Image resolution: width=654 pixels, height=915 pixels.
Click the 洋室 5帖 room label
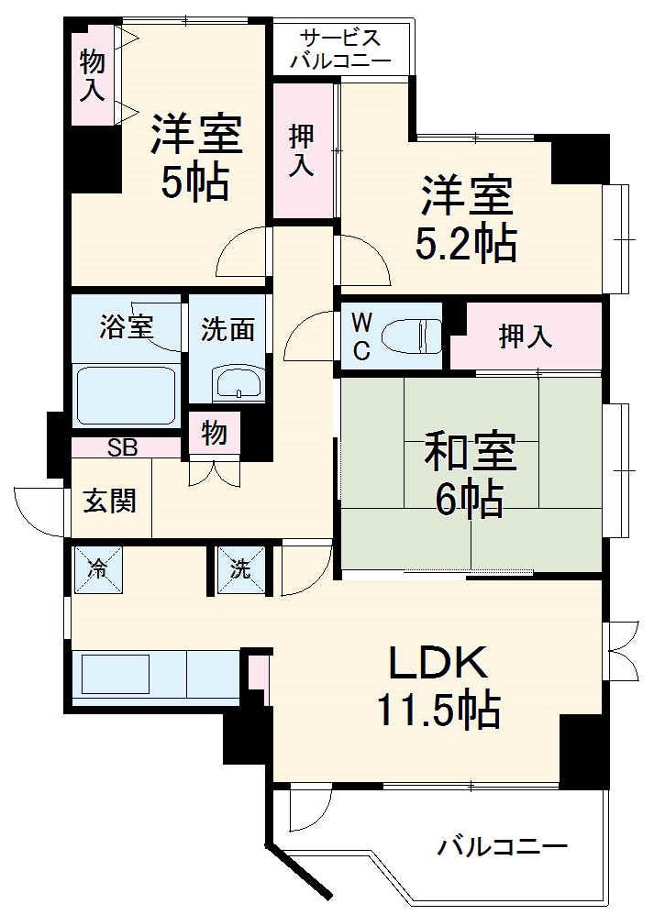click(195, 158)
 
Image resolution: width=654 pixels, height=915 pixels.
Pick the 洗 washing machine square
click(240, 568)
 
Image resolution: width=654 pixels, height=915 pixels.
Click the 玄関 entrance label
click(111, 501)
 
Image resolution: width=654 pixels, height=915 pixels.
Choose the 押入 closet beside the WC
click(526, 336)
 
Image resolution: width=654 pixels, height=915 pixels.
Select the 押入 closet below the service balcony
click(303, 150)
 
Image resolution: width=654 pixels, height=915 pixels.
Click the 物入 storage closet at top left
click(93, 75)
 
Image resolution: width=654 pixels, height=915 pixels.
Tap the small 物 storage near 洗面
click(214, 433)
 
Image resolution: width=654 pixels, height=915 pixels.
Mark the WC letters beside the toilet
click(361, 336)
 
